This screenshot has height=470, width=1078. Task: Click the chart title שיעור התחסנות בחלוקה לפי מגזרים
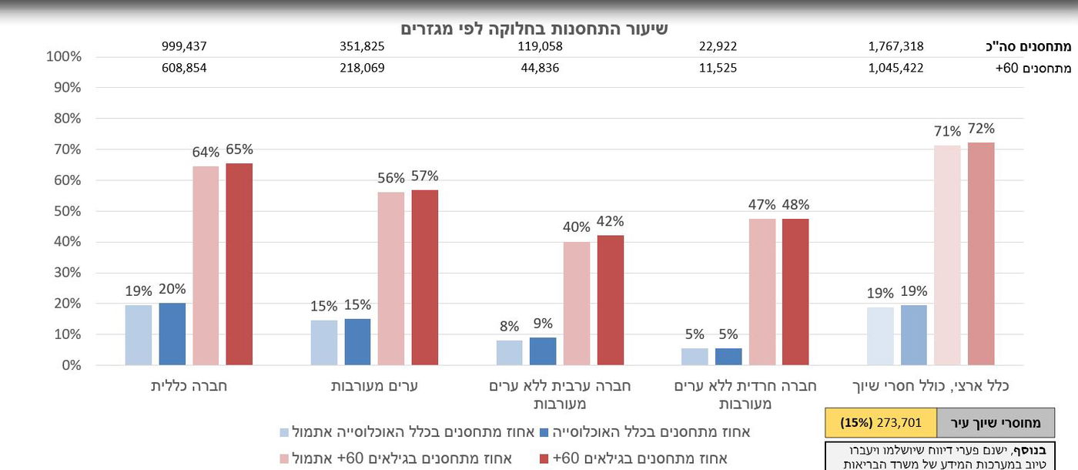click(x=534, y=29)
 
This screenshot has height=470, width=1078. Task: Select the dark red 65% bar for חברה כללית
click(x=239, y=264)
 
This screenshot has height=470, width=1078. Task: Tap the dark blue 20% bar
click(x=172, y=334)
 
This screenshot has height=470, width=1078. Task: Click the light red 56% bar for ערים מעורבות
click(x=391, y=278)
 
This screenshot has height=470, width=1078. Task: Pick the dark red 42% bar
click(x=611, y=300)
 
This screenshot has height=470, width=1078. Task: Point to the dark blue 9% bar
click(x=543, y=351)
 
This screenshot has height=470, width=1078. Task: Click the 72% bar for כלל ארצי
click(x=981, y=253)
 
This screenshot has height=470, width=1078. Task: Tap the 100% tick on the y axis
click(x=64, y=57)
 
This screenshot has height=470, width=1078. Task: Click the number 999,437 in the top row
click(x=184, y=46)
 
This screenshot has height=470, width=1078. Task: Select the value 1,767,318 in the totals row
click(x=896, y=46)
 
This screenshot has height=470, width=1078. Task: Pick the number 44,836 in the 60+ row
click(x=539, y=68)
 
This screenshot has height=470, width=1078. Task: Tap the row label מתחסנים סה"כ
click(x=1039, y=46)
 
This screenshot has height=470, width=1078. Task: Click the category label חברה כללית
click(x=189, y=386)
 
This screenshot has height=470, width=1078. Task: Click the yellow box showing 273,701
click(x=881, y=423)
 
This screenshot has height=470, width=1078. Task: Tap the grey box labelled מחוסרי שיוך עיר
click(x=996, y=423)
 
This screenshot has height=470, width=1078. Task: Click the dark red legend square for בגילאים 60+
click(x=545, y=459)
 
